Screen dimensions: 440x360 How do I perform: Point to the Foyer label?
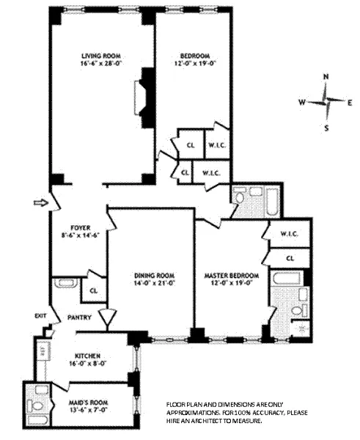(79, 227)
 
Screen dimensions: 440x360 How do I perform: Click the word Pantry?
(79, 318)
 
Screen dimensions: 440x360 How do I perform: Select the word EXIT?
(40, 316)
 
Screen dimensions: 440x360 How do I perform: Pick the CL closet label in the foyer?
(94, 290)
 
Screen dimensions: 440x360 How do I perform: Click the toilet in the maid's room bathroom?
(34, 405)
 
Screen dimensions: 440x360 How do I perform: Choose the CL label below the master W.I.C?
(290, 258)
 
